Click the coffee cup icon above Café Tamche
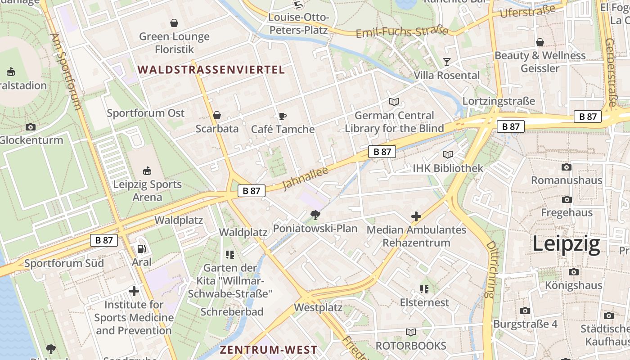(x=283, y=116)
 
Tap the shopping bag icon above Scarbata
(x=217, y=115)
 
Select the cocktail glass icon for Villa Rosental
(x=447, y=62)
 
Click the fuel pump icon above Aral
(x=141, y=249)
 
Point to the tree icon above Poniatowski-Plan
(x=315, y=215)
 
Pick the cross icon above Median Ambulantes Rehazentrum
(x=416, y=216)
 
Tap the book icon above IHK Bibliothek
(x=448, y=155)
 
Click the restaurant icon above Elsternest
(x=424, y=289)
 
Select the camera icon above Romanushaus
(x=567, y=167)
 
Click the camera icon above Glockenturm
(x=31, y=127)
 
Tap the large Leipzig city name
(x=566, y=244)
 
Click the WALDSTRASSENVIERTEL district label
(x=211, y=70)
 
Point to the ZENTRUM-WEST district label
(x=268, y=350)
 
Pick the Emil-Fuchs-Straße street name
(x=402, y=32)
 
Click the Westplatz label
(x=318, y=308)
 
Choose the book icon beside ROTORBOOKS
(x=410, y=333)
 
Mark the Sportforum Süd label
(x=64, y=263)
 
